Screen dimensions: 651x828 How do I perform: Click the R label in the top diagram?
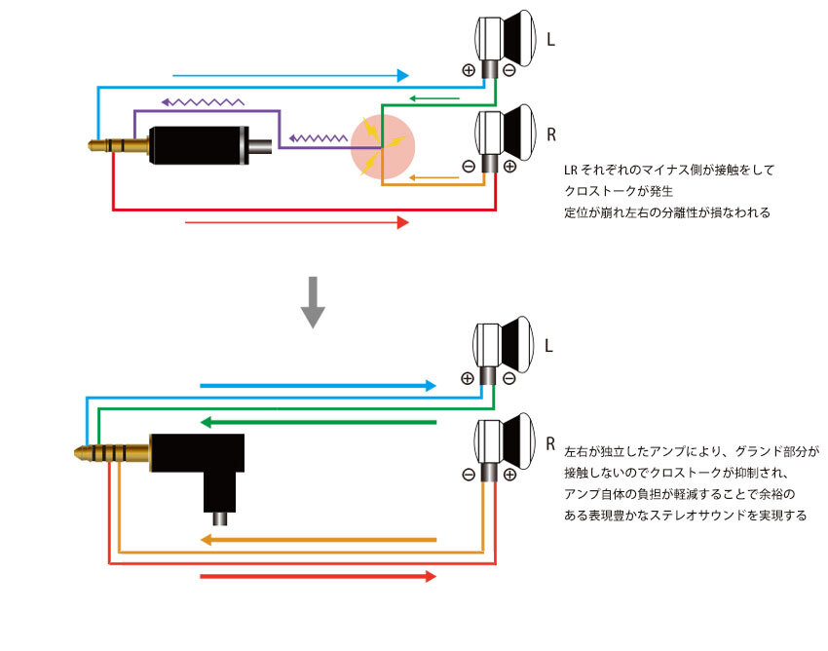pyautogui.click(x=551, y=134)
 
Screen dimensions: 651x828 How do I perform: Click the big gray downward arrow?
pyautogui.click(x=312, y=301)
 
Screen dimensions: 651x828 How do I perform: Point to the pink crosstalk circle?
pyautogui.click(x=383, y=147)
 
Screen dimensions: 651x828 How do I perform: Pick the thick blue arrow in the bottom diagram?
pyautogui.click(x=318, y=386)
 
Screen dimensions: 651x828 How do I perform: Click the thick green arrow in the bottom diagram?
pyautogui.click(x=318, y=422)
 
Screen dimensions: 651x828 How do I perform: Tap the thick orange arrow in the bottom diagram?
pyautogui.click(x=318, y=539)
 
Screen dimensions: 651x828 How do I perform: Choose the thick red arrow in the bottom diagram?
pyautogui.click(x=318, y=577)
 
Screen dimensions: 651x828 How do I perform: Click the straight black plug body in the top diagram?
pyautogui.click(x=195, y=146)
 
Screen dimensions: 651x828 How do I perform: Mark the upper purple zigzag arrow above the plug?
pyautogui.click(x=203, y=100)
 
